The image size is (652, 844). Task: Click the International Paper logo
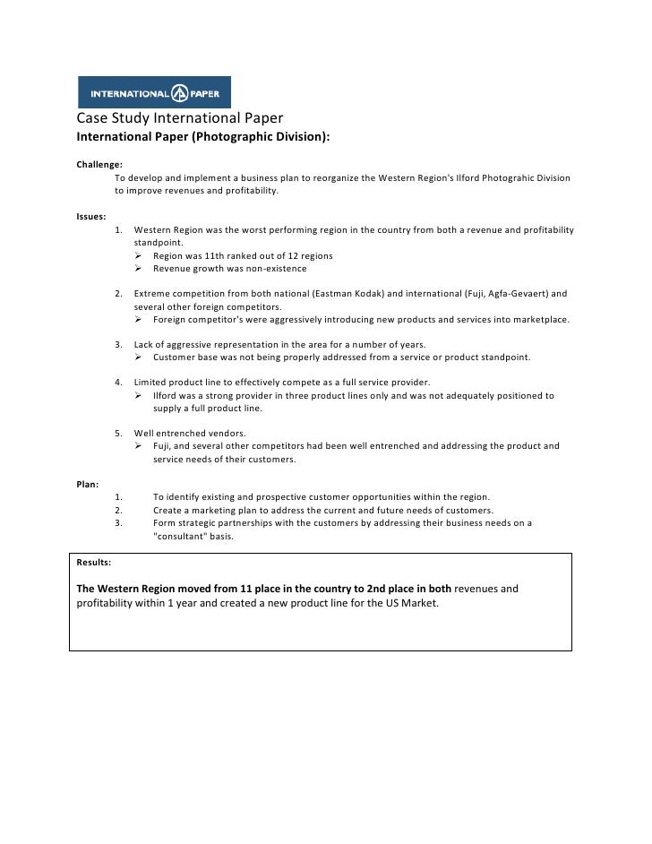pos(154,92)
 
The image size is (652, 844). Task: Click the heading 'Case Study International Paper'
pos(179,118)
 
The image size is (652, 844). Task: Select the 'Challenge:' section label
pos(99,165)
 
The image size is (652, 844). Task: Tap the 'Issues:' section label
pos(91,217)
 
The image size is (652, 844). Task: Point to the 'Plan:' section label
pos(88,484)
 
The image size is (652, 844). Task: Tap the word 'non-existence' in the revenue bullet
pos(273,268)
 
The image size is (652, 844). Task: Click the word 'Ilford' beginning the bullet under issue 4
pos(165,395)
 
